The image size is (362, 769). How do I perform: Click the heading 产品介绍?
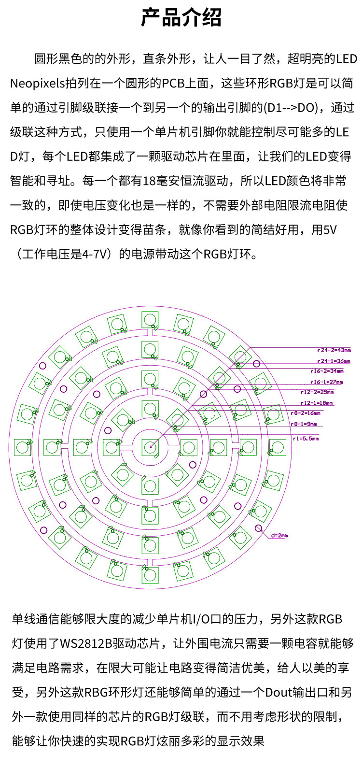tap(181, 18)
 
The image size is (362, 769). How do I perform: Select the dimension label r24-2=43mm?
tap(334, 350)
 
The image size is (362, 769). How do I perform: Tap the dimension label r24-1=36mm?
tap(334, 361)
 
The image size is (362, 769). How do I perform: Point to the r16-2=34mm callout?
tap(327, 371)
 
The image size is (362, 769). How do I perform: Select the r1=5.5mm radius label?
tap(306, 439)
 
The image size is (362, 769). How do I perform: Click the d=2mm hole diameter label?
tap(279, 536)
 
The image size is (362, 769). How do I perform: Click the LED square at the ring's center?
tap(150, 446)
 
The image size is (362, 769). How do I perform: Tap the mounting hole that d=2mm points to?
tap(259, 528)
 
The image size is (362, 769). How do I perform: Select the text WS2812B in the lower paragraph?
tap(86, 643)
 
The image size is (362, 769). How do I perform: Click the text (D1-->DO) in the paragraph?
tap(294, 108)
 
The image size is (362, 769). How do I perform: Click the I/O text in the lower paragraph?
tap(202, 619)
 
